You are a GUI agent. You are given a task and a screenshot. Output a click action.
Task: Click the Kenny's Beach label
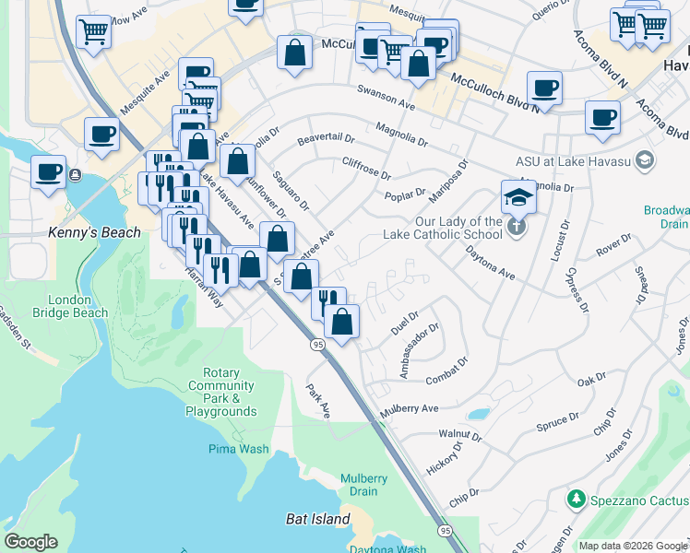[96, 232]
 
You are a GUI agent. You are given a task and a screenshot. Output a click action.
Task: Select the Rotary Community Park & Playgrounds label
[220, 393]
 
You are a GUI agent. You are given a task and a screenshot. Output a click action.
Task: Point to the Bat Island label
[317, 519]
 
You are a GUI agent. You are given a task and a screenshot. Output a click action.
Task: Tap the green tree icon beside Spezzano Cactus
[577, 499]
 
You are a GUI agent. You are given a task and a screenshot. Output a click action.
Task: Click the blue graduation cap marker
[518, 196]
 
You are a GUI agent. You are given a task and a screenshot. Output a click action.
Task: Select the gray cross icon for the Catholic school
[517, 225]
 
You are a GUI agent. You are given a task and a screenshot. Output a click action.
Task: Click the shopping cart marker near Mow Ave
[93, 32]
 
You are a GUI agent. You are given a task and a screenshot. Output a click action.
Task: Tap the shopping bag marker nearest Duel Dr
[341, 322]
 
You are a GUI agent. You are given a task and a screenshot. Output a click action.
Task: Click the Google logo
[30, 542]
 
